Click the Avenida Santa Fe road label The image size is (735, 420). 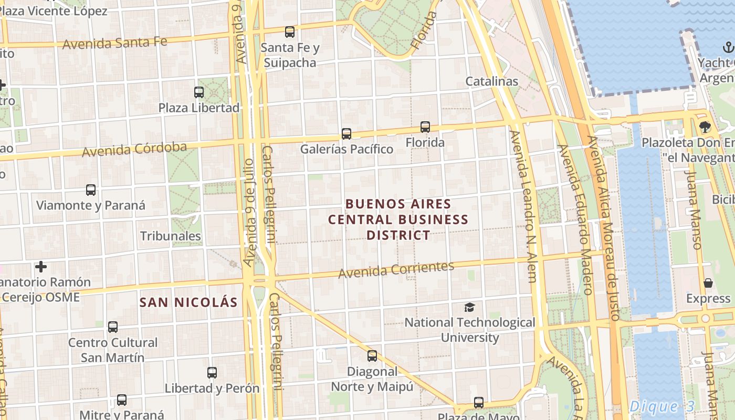tap(115, 43)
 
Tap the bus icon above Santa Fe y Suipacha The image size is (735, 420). tap(290, 32)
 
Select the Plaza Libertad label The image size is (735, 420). tap(199, 108)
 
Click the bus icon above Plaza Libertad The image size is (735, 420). tap(199, 92)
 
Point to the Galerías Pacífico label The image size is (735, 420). tap(346, 149)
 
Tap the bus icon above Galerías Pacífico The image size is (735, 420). tap(346, 133)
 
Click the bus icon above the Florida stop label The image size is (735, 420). tap(425, 127)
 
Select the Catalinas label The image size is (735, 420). tap(492, 81)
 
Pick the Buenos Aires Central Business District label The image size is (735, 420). tap(398, 219)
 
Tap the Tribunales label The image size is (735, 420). tap(171, 236)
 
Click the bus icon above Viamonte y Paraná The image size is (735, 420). tap(91, 190)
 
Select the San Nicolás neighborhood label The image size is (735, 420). tap(188, 302)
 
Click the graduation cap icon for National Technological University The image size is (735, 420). tap(469, 307)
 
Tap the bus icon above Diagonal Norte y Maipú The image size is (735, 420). tap(372, 356)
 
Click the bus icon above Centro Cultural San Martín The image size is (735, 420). tap(113, 327)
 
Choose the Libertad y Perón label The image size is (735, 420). tap(212, 388)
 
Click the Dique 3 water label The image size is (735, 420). tap(661, 406)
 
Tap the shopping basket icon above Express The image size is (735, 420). tap(708, 283)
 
